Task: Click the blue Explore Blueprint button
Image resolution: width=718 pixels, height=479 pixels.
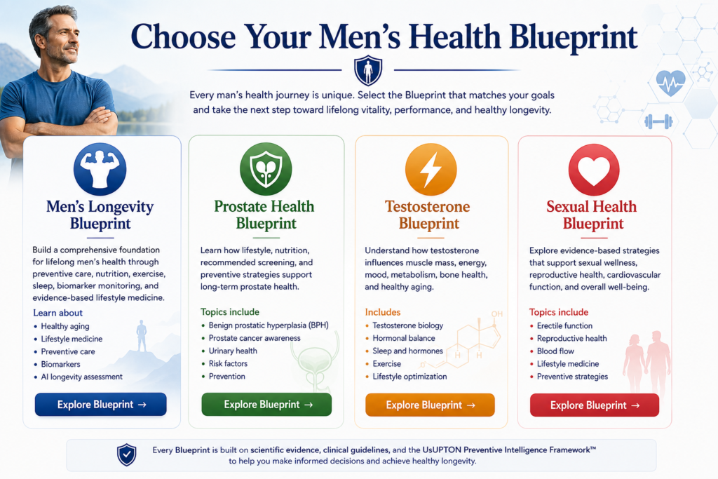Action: click(x=101, y=405)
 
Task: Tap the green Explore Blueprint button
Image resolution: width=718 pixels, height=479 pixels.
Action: click(x=266, y=405)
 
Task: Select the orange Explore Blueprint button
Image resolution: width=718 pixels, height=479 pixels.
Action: click(x=430, y=405)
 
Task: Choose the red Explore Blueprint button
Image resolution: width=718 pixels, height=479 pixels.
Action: click(x=595, y=405)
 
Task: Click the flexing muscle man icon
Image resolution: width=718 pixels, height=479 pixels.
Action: click(x=100, y=169)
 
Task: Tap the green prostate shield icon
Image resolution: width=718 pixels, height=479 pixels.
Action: click(x=266, y=169)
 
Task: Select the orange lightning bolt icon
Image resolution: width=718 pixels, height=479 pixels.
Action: click(x=431, y=170)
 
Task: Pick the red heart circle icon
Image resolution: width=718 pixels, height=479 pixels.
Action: click(x=594, y=170)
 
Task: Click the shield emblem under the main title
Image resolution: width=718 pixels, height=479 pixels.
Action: click(x=368, y=71)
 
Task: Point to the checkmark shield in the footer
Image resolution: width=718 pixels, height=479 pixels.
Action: click(x=127, y=454)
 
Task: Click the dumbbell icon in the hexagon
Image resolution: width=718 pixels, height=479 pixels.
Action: click(x=658, y=121)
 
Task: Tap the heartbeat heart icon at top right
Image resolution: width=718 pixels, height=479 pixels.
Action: click(x=670, y=83)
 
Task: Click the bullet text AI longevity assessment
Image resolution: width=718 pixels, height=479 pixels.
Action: click(x=81, y=377)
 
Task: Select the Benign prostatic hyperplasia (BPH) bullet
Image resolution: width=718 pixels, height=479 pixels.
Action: click(x=269, y=325)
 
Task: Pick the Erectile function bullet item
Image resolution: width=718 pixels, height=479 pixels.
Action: click(x=564, y=325)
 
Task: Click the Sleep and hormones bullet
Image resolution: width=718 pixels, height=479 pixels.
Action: click(x=407, y=351)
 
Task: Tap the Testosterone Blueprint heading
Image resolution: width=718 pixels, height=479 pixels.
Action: click(x=428, y=215)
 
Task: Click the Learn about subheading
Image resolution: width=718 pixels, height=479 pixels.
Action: click(x=57, y=313)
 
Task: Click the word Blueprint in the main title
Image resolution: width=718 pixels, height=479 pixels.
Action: click(x=573, y=38)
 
